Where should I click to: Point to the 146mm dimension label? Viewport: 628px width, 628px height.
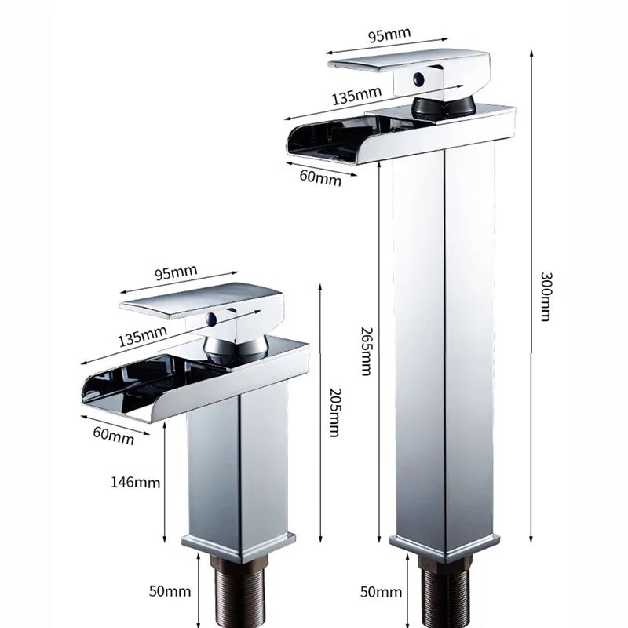136,482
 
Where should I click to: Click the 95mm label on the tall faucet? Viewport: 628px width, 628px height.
389,35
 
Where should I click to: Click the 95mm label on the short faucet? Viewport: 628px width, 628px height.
174,273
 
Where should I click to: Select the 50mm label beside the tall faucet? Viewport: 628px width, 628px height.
378,590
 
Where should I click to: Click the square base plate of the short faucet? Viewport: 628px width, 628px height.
239,542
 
